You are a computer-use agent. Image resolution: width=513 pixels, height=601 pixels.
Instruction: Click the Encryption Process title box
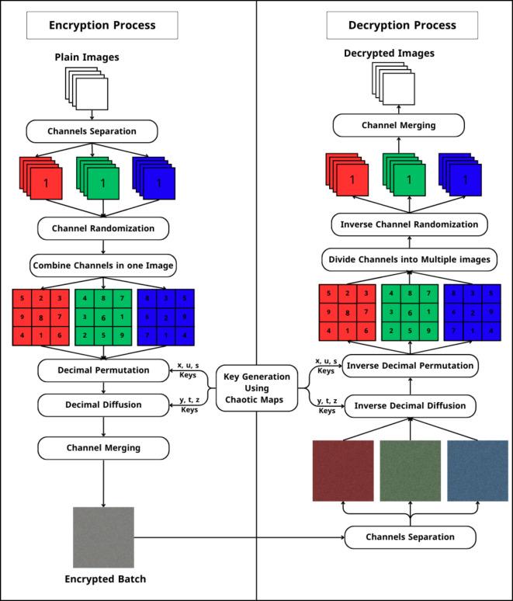pos(102,25)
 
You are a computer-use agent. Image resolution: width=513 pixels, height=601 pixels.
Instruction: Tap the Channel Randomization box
pos(103,229)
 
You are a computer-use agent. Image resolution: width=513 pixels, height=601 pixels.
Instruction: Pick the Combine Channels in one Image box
pos(103,266)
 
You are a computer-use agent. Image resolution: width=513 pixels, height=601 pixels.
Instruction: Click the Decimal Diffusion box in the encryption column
pos(103,405)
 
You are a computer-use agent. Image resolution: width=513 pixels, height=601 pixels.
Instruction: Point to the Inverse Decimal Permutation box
pos(411,365)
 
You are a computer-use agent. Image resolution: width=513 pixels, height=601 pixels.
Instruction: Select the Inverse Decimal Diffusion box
pos(411,405)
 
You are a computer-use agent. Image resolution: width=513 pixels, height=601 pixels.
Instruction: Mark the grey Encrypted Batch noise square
pos(103,537)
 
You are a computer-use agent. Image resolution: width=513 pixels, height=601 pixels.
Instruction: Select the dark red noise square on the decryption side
pos(343,471)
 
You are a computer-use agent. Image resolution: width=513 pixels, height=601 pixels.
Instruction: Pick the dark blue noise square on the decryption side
pos(478,471)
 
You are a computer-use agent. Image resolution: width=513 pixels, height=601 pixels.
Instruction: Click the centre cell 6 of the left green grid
pos(103,317)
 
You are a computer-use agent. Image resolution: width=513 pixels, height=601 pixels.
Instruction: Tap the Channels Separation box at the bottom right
pos(411,537)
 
